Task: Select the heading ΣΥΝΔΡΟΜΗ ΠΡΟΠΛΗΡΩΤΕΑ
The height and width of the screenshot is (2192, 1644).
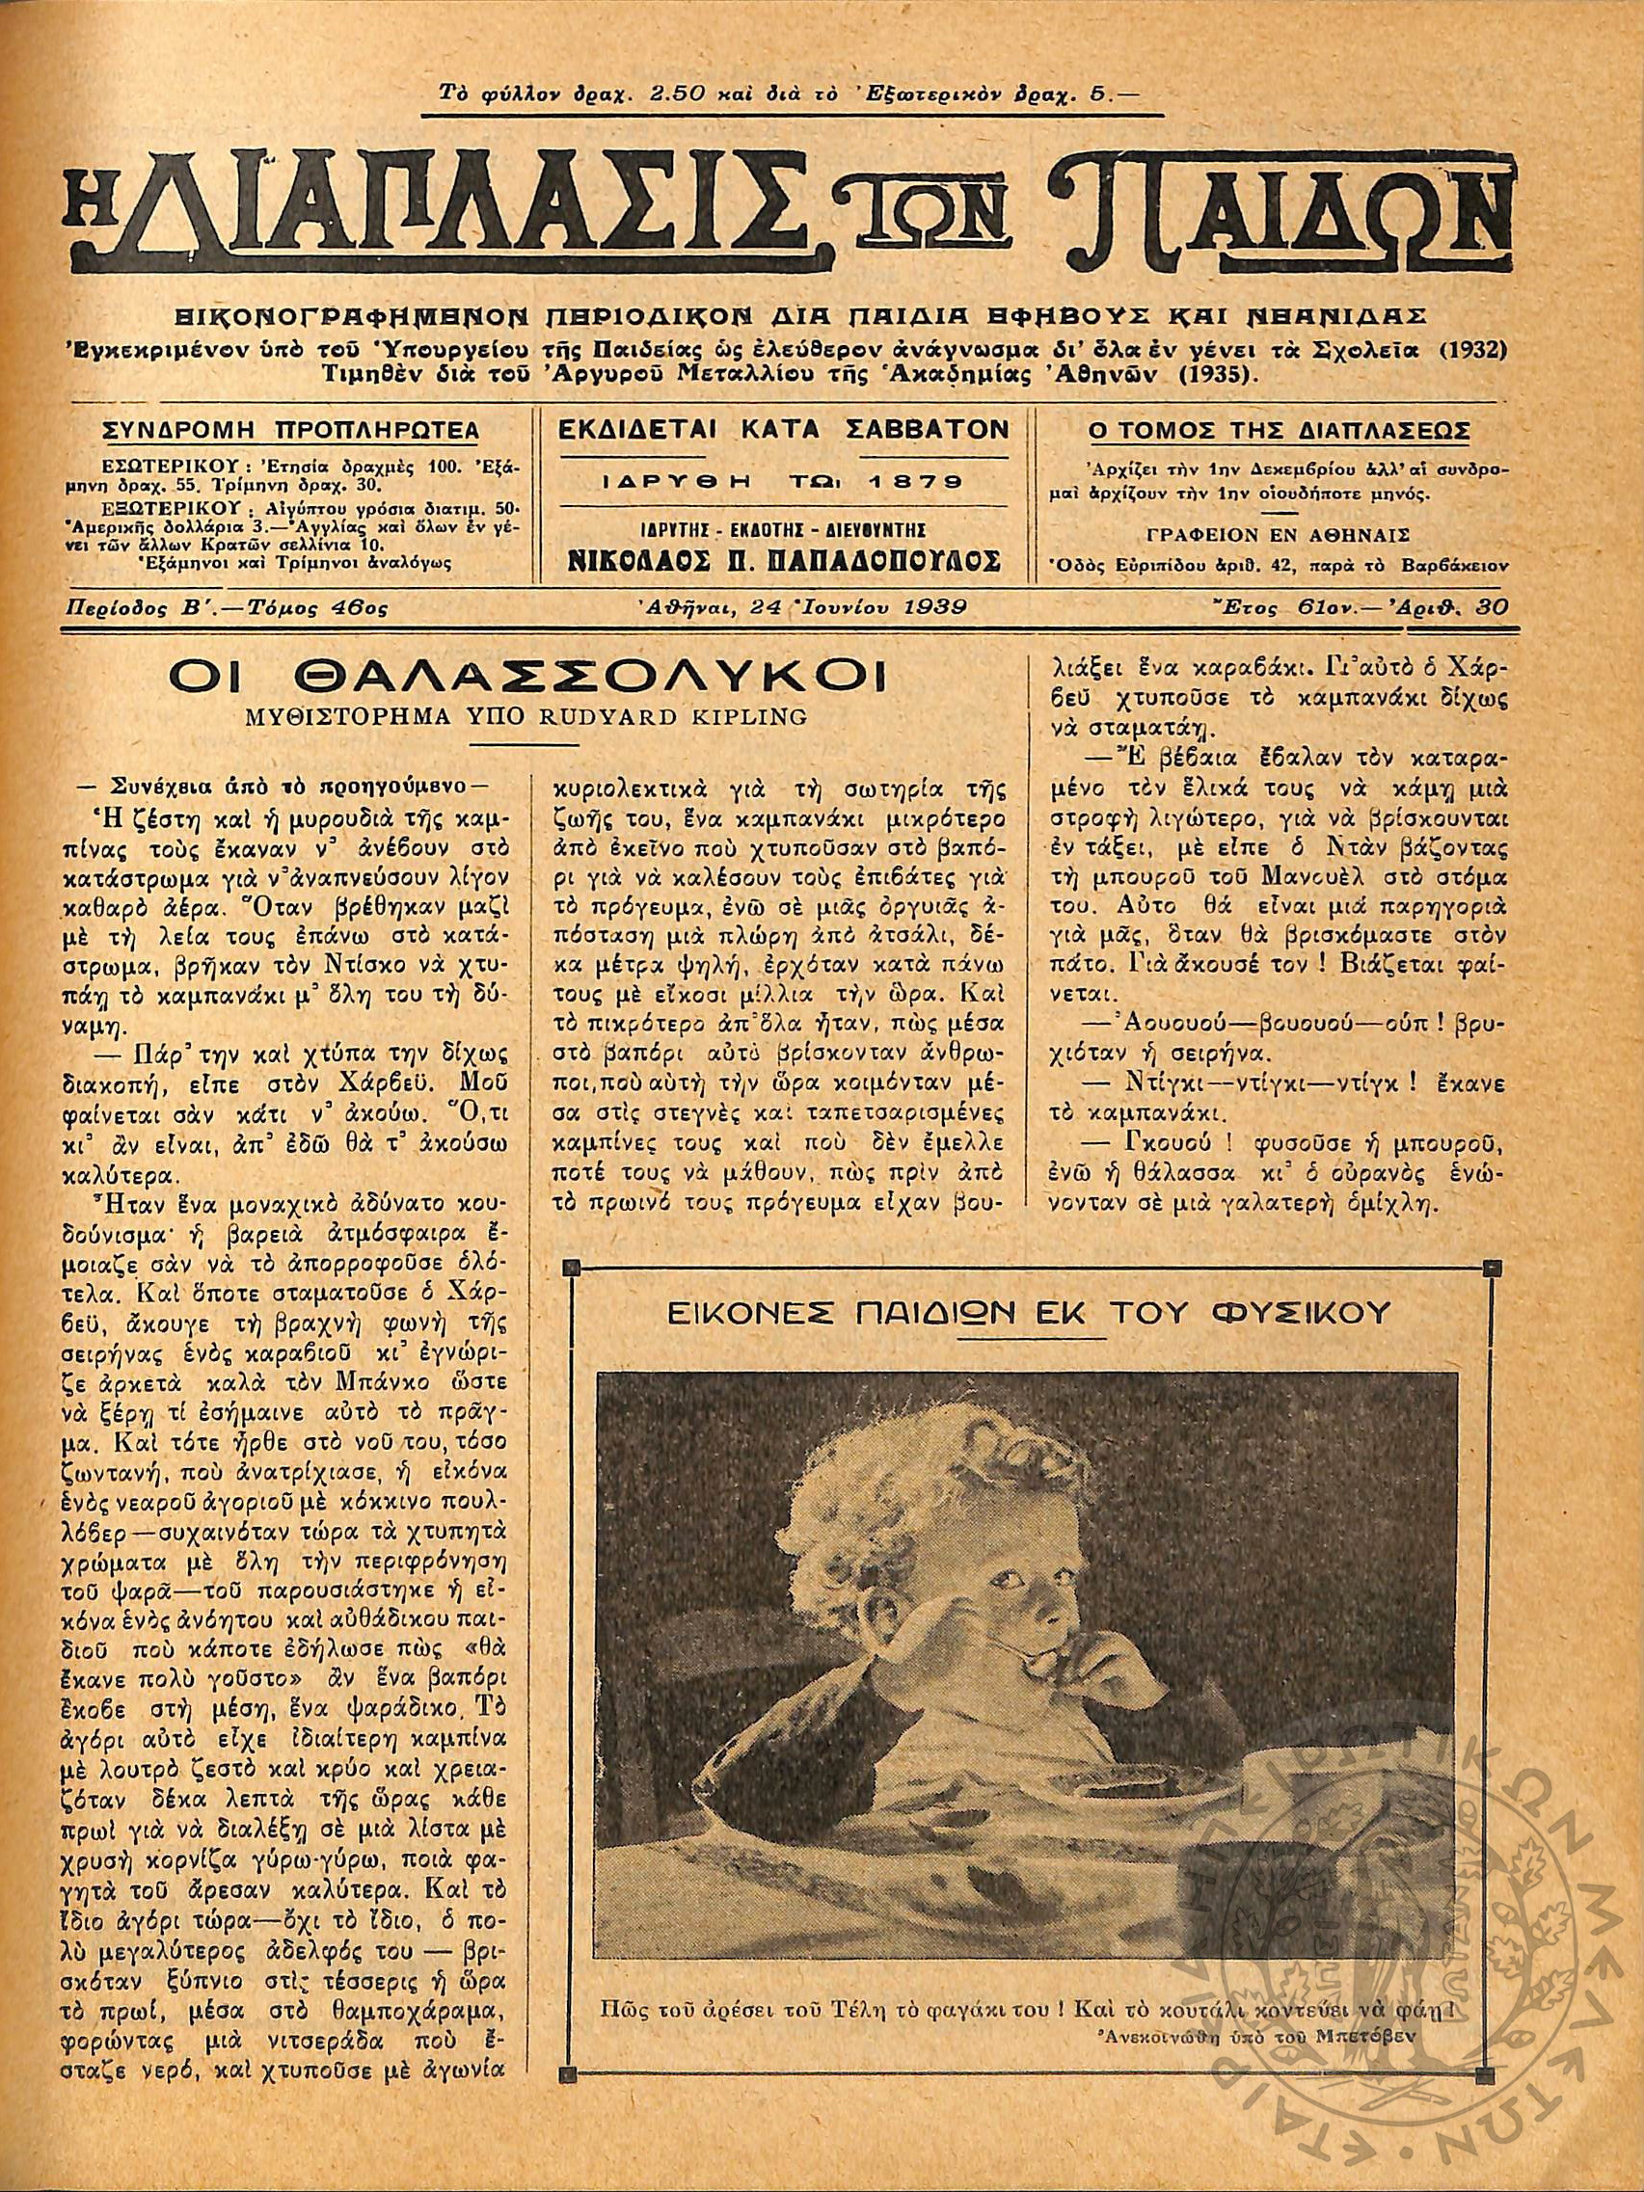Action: coord(291,431)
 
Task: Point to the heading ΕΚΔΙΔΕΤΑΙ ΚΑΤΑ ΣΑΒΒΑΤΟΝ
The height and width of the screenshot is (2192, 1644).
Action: coord(783,429)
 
